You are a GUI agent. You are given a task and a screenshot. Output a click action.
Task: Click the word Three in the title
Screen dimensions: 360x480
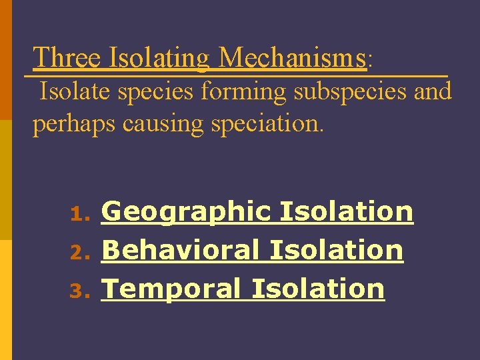click(67, 58)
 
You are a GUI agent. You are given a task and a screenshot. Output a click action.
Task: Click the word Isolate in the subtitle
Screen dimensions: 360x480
click(75, 91)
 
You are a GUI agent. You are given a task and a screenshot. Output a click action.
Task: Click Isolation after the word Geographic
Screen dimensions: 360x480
click(347, 212)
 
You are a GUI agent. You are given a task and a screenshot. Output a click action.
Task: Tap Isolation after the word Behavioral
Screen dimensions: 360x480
click(337, 251)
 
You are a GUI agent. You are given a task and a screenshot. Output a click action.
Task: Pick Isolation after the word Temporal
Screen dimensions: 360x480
click(318, 289)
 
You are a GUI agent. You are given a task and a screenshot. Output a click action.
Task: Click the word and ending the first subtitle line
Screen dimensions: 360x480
click(433, 91)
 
